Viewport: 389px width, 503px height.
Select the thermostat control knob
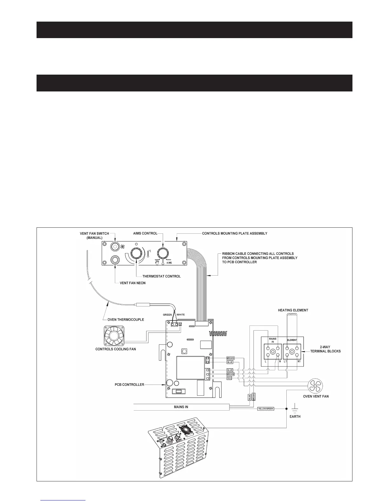(136, 253)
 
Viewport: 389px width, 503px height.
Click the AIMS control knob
(163, 253)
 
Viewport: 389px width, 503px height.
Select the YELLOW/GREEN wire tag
(265, 409)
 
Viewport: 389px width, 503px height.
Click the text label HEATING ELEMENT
(293, 310)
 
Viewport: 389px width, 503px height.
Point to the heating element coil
(292, 316)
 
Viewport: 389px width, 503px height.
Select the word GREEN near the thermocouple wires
(167, 315)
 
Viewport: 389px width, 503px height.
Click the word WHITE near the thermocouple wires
(181, 315)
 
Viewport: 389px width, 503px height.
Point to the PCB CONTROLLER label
(129, 385)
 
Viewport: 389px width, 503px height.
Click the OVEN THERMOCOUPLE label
(126, 319)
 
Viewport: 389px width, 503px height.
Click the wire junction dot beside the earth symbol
(286, 409)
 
